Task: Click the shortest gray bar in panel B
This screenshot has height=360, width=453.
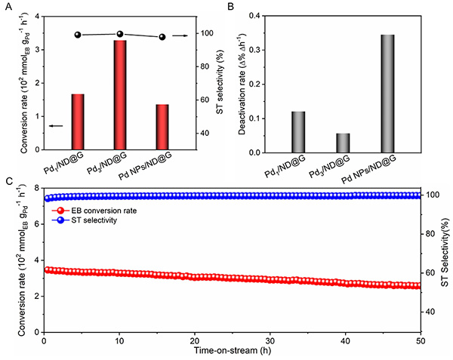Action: (x=343, y=143)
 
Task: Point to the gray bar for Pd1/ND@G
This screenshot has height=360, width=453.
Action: (x=298, y=132)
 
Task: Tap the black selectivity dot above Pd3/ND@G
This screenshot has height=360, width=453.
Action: (x=119, y=34)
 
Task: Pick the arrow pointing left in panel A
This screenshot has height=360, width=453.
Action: (x=55, y=125)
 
